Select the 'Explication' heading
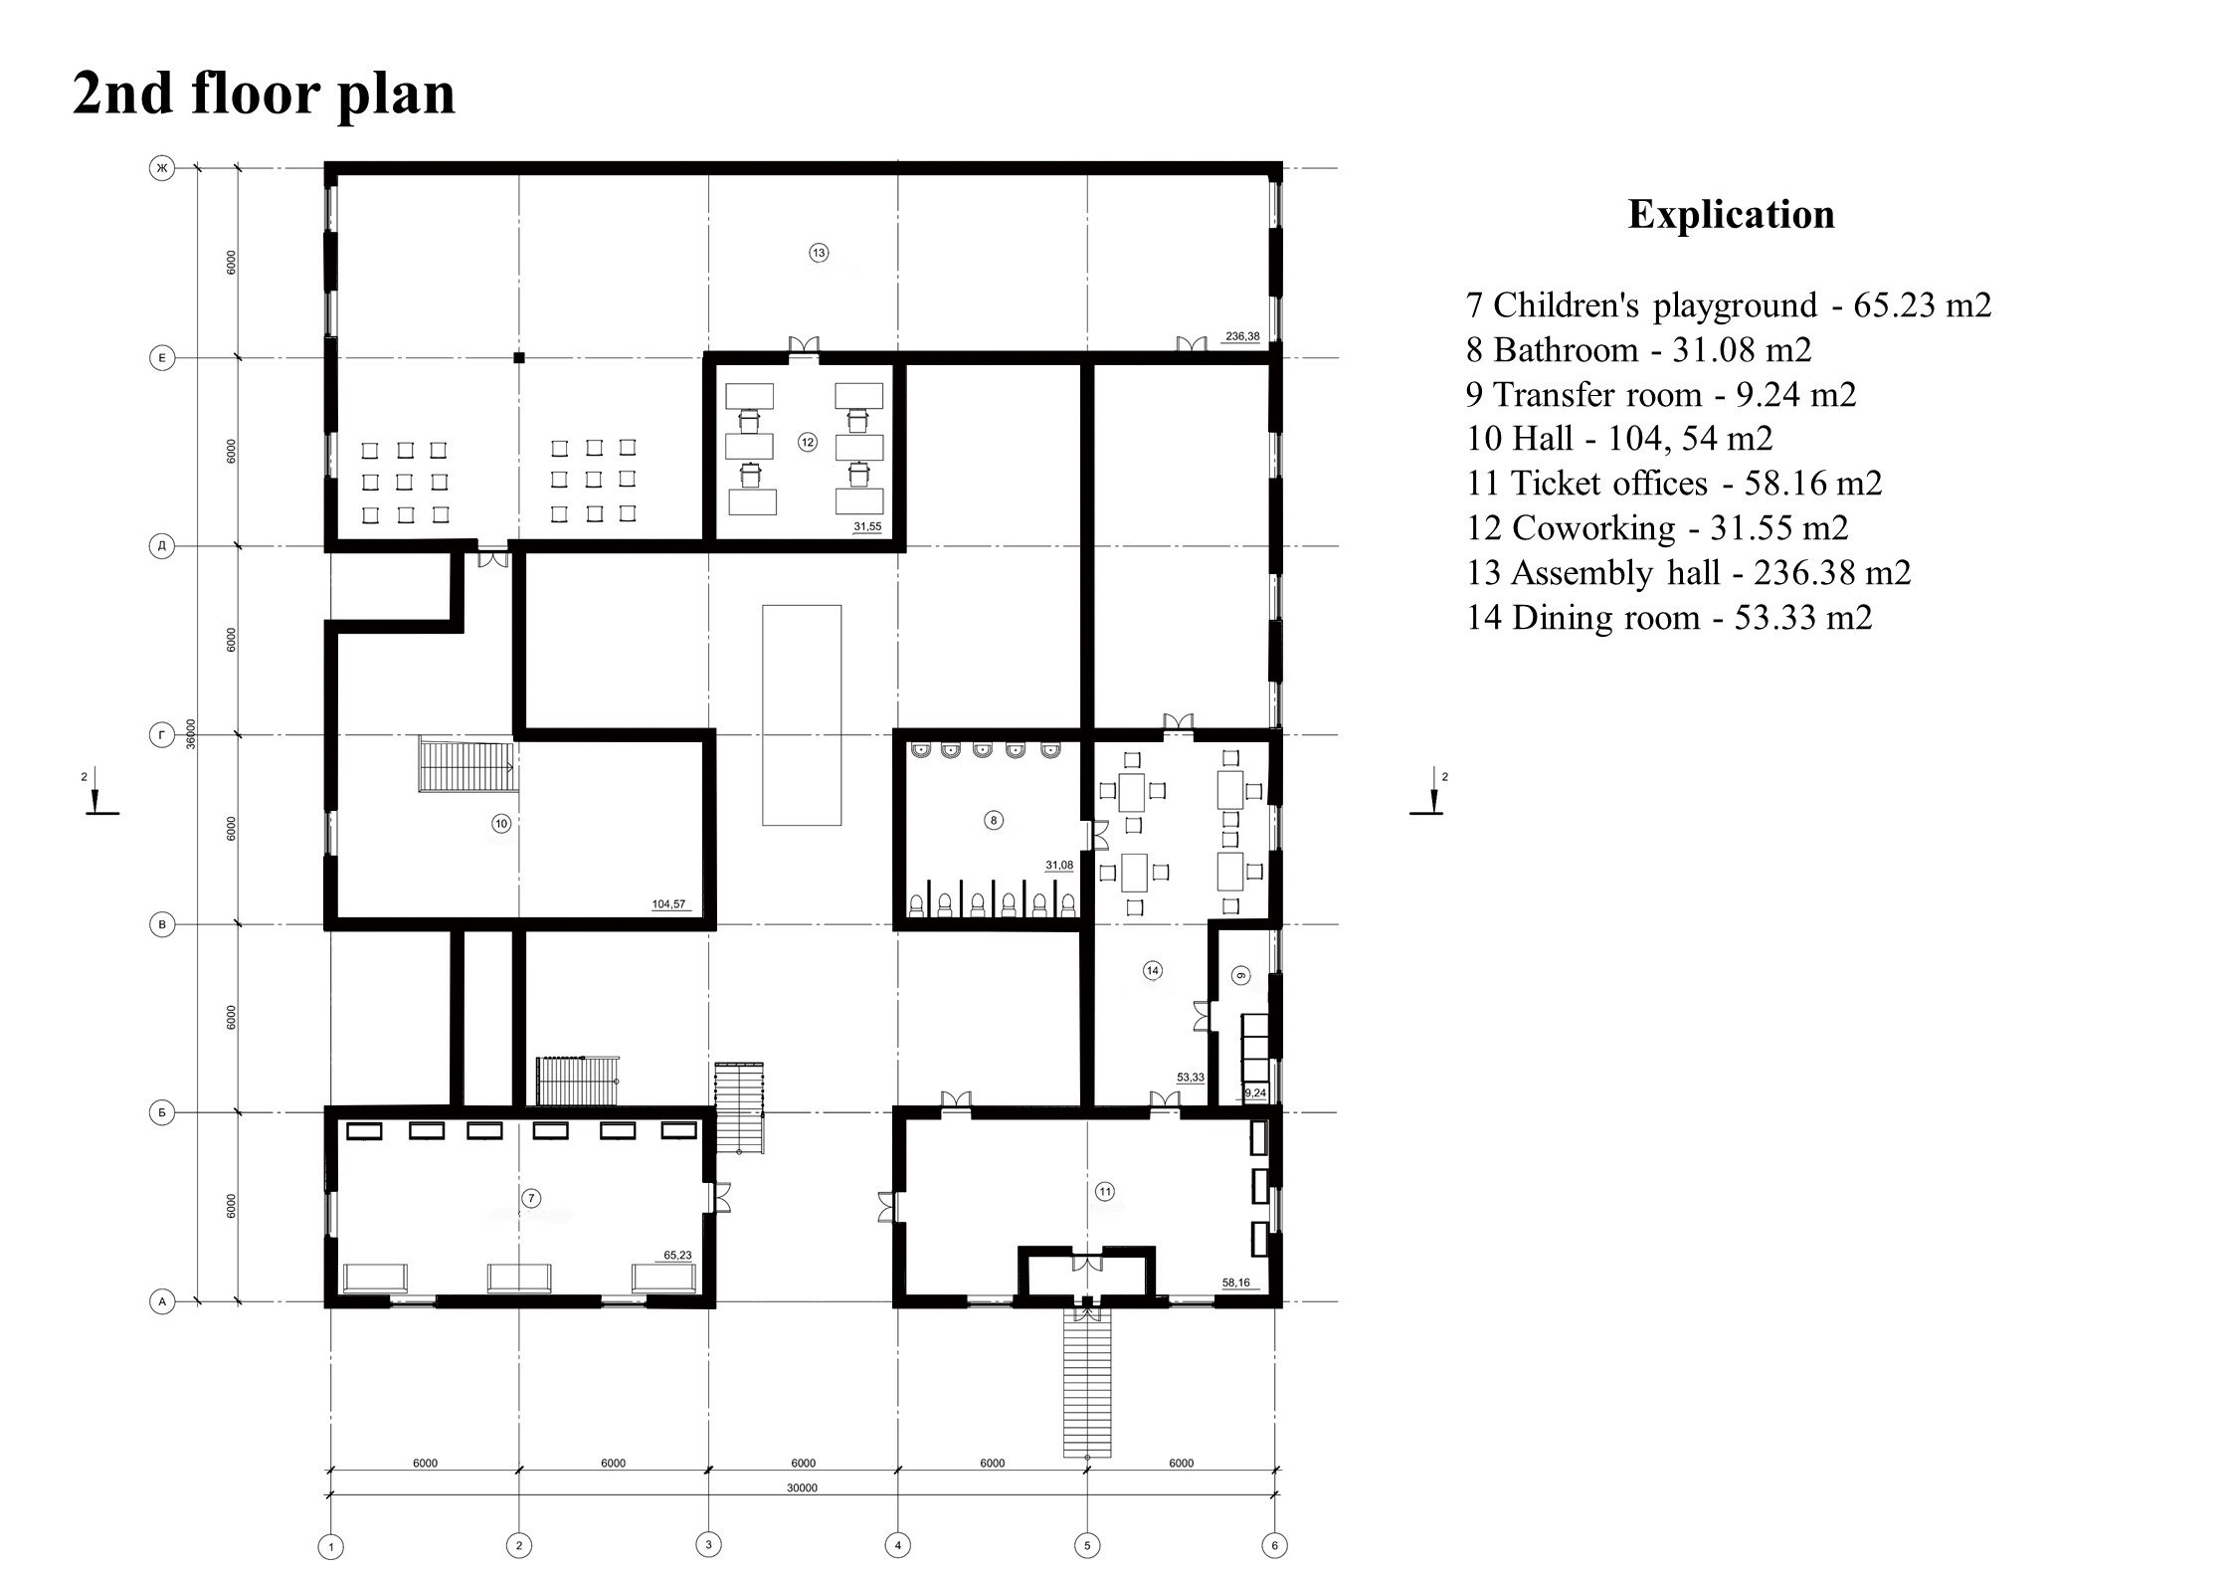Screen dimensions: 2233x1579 coord(1731,215)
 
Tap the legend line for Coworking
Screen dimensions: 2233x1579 coord(1657,527)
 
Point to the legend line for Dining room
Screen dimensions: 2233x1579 coord(1669,617)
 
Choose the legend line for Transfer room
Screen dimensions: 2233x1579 coord(1661,394)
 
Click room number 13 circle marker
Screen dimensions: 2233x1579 coord(819,253)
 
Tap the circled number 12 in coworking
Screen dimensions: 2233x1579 coord(807,443)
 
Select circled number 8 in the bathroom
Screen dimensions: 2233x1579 coord(993,821)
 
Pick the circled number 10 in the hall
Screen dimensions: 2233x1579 coord(501,823)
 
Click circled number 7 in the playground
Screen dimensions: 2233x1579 coord(531,1198)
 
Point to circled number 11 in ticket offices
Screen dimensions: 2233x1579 coord(1104,1191)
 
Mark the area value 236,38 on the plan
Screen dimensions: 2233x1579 coord(1242,336)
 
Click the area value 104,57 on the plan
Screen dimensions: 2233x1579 coord(667,904)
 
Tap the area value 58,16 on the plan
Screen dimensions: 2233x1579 coord(1236,1283)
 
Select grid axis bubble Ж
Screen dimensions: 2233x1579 coord(161,168)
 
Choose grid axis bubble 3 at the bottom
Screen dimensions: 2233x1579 coord(708,1545)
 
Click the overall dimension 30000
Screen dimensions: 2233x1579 coord(802,1516)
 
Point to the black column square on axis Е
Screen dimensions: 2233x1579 coord(518,357)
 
